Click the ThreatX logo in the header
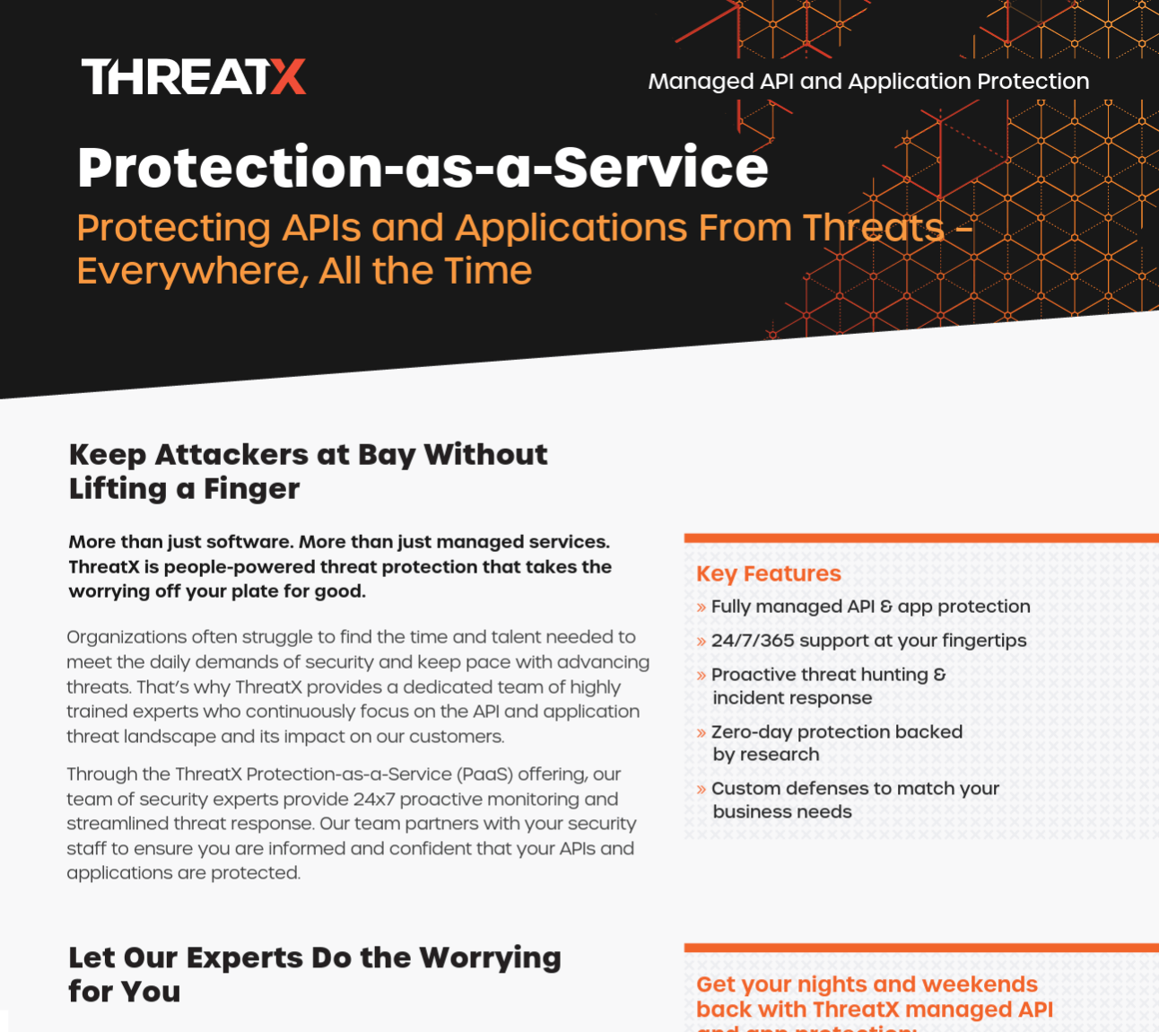194,76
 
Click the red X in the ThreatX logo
288,76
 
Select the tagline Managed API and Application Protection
868,82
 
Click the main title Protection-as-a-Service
423,167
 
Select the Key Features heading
768,573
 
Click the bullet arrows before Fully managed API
701,608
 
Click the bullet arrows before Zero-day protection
701,732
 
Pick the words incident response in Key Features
792,698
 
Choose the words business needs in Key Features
782,811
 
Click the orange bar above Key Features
921,538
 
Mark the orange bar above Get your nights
921,948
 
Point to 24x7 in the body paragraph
374,800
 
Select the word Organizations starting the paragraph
126,638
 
